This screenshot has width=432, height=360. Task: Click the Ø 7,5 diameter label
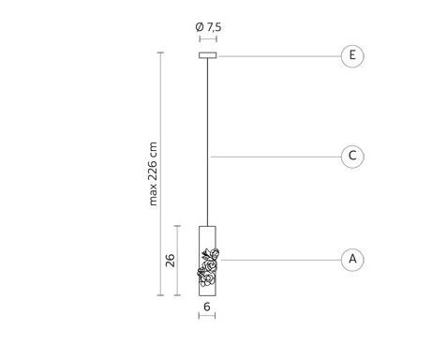point(208,27)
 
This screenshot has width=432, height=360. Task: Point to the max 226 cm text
point(153,173)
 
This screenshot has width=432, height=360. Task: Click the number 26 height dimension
point(171,261)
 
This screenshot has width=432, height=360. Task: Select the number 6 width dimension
point(207,307)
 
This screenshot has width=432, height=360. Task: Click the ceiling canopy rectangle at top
point(208,55)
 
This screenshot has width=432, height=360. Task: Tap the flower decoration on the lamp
point(208,267)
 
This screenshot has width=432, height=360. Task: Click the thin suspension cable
point(207,142)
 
